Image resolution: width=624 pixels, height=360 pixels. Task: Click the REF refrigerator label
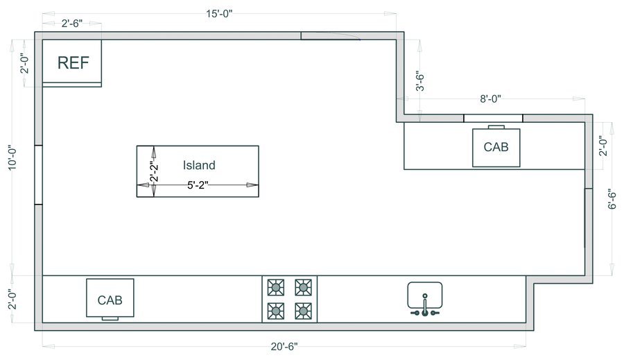pyautogui.click(x=73, y=63)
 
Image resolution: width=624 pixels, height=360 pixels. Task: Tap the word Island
pyautogui.click(x=199, y=165)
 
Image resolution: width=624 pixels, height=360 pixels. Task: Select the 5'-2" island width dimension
pyautogui.click(x=198, y=185)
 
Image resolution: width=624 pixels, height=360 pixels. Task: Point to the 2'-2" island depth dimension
pyautogui.click(x=154, y=171)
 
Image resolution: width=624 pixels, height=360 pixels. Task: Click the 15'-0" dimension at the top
pyautogui.click(x=219, y=14)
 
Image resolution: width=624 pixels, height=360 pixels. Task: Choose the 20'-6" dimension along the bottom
pyautogui.click(x=284, y=346)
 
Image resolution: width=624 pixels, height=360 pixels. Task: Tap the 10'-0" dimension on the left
pyautogui.click(x=12, y=157)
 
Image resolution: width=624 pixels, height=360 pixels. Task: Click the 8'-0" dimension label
pyautogui.click(x=490, y=98)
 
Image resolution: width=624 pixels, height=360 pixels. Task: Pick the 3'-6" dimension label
pyautogui.click(x=420, y=82)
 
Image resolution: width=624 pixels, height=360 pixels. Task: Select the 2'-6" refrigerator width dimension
pyautogui.click(x=72, y=24)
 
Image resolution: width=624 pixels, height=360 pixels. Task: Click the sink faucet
pyautogui.click(x=425, y=306)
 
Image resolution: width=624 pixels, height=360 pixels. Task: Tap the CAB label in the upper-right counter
pyautogui.click(x=496, y=147)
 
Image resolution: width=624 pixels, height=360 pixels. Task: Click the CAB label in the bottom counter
pyautogui.click(x=110, y=300)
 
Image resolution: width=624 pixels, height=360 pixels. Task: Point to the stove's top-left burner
pyautogui.click(x=276, y=287)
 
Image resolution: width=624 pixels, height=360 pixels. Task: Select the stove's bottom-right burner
pyautogui.click(x=303, y=311)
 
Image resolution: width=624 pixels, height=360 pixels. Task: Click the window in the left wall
pyautogui.click(x=38, y=175)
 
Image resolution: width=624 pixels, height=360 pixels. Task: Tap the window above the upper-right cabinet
pyautogui.click(x=493, y=118)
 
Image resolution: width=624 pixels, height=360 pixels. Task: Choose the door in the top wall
pyautogui.click(x=331, y=36)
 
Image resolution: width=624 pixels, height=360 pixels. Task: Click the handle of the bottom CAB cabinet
pyautogui.click(x=110, y=318)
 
